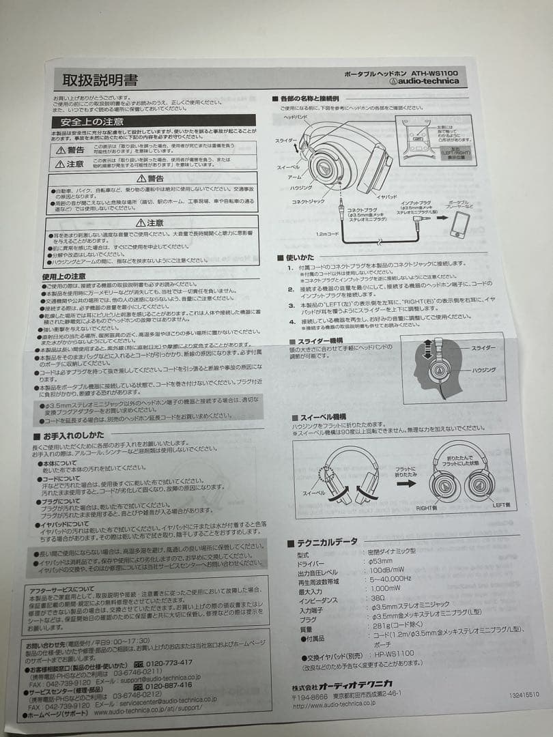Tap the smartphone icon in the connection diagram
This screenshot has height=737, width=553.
[459, 225]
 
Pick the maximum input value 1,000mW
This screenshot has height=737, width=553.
[386, 588]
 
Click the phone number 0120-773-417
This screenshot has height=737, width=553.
[169, 662]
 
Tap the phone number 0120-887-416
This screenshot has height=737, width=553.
[168, 685]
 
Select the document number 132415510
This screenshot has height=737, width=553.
[524, 695]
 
